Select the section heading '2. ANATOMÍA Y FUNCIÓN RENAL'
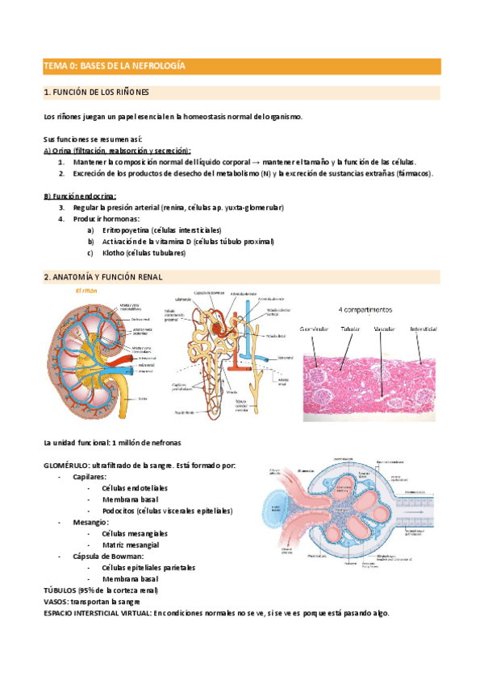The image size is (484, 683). pyautogui.click(x=102, y=277)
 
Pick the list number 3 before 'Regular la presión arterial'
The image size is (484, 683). pyautogui.click(x=62, y=207)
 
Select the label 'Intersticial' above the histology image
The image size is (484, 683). pyautogui.click(x=423, y=329)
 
